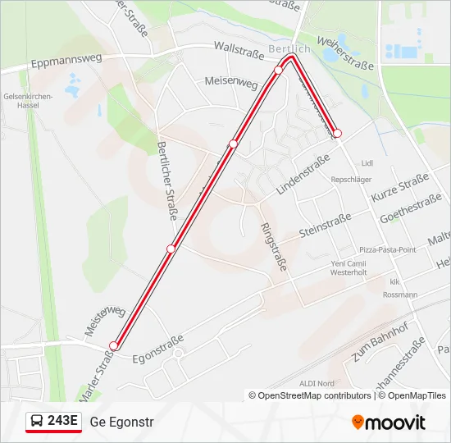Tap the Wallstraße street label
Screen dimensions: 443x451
[239, 51]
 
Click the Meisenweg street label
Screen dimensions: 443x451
[231, 84]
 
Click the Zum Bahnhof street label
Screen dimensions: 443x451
[379, 340]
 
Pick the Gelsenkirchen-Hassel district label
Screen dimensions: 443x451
[28, 100]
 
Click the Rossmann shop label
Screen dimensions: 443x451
[399, 295]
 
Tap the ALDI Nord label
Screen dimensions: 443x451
[317, 383]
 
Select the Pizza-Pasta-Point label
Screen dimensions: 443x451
[388, 249]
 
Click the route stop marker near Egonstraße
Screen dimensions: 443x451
[114, 346]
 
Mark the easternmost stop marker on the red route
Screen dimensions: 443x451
[337, 133]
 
